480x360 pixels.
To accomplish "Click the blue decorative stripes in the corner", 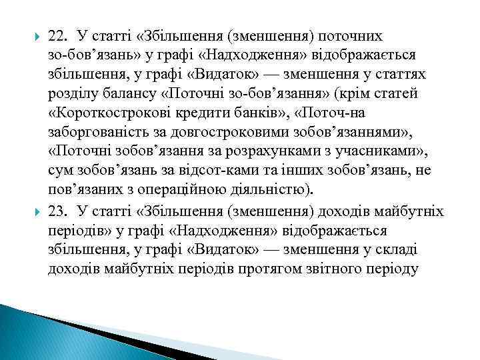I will [x=40, y=333].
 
